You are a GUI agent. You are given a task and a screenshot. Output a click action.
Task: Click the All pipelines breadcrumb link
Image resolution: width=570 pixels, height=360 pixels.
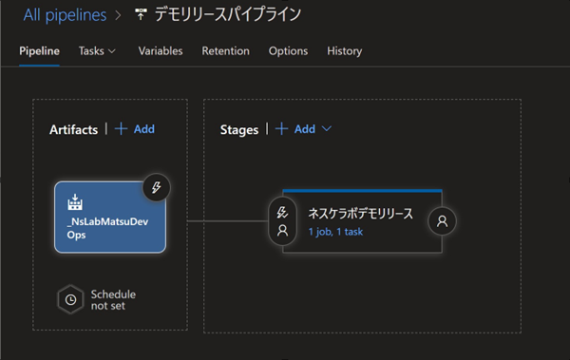[x=65, y=14]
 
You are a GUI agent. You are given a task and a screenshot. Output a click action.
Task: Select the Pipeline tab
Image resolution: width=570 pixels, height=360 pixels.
[x=39, y=50]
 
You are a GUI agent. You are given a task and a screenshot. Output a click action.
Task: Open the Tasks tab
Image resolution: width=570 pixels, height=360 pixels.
[x=97, y=50]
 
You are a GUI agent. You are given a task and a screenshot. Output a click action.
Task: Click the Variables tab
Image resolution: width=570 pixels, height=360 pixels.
[x=161, y=50]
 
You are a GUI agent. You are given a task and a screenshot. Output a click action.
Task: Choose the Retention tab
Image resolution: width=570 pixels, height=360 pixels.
[x=225, y=50]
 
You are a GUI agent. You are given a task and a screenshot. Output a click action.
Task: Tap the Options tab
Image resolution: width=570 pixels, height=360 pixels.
[x=288, y=50]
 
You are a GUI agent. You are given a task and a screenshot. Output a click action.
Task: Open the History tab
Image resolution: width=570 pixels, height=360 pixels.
[x=344, y=50]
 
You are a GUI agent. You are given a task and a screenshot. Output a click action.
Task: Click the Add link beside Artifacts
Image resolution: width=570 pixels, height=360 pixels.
[x=135, y=129]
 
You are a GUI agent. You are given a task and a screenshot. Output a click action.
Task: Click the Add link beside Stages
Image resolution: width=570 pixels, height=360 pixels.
[x=295, y=129]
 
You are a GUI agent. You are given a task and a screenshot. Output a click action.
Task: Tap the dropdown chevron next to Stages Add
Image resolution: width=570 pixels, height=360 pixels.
[x=328, y=129]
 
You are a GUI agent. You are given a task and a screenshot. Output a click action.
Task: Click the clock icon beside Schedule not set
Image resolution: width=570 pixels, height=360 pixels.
[x=68, y=299]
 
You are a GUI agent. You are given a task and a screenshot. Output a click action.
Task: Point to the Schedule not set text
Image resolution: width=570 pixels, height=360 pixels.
[x=112, y=299]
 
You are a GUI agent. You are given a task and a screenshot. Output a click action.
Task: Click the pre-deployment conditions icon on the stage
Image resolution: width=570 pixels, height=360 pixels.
[x=281, y=221]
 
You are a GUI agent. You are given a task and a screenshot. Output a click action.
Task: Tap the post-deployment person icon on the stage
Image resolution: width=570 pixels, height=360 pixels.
[x=442, y=221]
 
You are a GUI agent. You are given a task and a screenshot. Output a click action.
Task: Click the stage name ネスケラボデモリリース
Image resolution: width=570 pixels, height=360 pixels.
[x=360, y=213]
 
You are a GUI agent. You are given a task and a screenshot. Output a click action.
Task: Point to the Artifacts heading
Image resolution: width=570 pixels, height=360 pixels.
[x=73, y=129]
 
